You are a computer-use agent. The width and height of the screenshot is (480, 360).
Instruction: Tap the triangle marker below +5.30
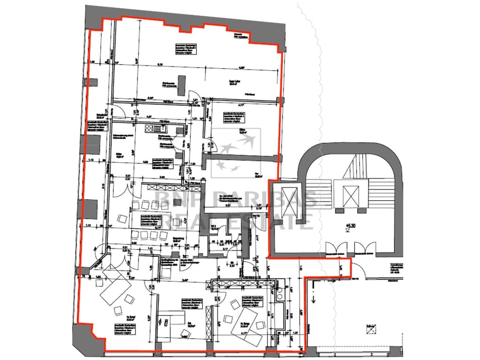point(347,231)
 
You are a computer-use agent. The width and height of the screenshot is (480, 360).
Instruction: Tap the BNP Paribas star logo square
point(234,153)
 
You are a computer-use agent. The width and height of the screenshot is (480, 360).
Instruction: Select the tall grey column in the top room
point(186,84)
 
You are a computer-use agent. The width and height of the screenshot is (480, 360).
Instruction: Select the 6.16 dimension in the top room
point(160,64)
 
